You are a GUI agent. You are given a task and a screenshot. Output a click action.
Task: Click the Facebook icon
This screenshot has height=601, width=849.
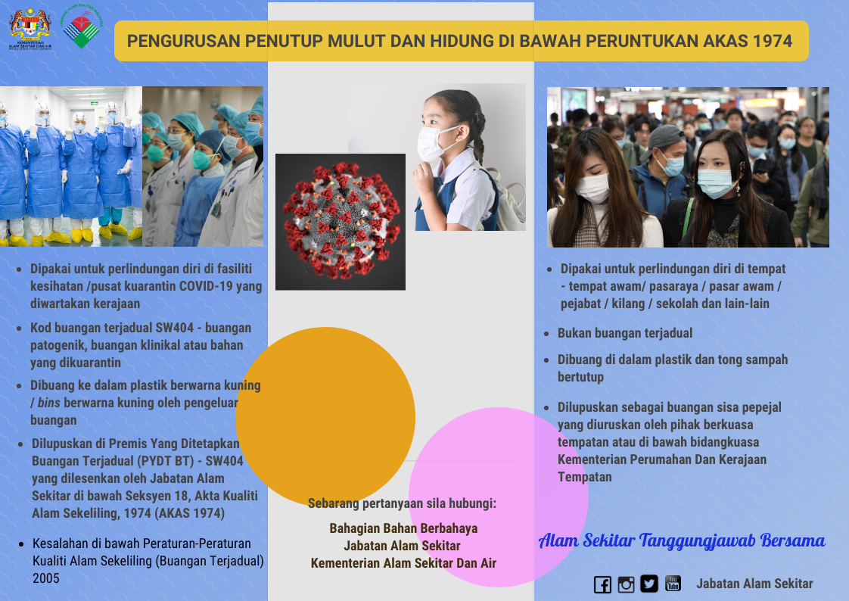tap(602, 584)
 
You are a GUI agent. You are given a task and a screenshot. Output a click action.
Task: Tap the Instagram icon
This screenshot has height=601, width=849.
tap(626, 584)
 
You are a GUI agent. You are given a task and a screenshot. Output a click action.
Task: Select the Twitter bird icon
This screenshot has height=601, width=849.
tap(649, 584)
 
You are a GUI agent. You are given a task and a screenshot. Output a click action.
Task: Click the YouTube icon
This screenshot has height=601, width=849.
tap(673, 583)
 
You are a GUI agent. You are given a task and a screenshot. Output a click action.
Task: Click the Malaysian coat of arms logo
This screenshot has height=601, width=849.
tap(30, 28)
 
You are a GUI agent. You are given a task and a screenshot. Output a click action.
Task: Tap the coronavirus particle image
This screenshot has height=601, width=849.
tap(341, 222)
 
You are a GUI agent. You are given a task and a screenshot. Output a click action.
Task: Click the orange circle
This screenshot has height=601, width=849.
tap(325, 417)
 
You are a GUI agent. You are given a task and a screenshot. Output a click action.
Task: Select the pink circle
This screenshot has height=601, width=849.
tap(499, 497)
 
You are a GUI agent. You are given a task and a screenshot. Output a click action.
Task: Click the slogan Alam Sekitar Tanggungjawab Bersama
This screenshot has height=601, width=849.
tap(682, 540)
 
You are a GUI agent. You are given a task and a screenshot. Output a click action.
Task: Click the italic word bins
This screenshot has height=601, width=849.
tap(48, 403)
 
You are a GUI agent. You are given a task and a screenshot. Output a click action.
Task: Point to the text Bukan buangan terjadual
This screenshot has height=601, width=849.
tap(625, 333)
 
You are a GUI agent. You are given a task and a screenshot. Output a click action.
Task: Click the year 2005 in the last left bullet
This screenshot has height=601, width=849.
tap(46, 578)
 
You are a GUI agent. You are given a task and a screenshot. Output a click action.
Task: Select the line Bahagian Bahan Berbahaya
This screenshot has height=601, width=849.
tap(403, 528)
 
